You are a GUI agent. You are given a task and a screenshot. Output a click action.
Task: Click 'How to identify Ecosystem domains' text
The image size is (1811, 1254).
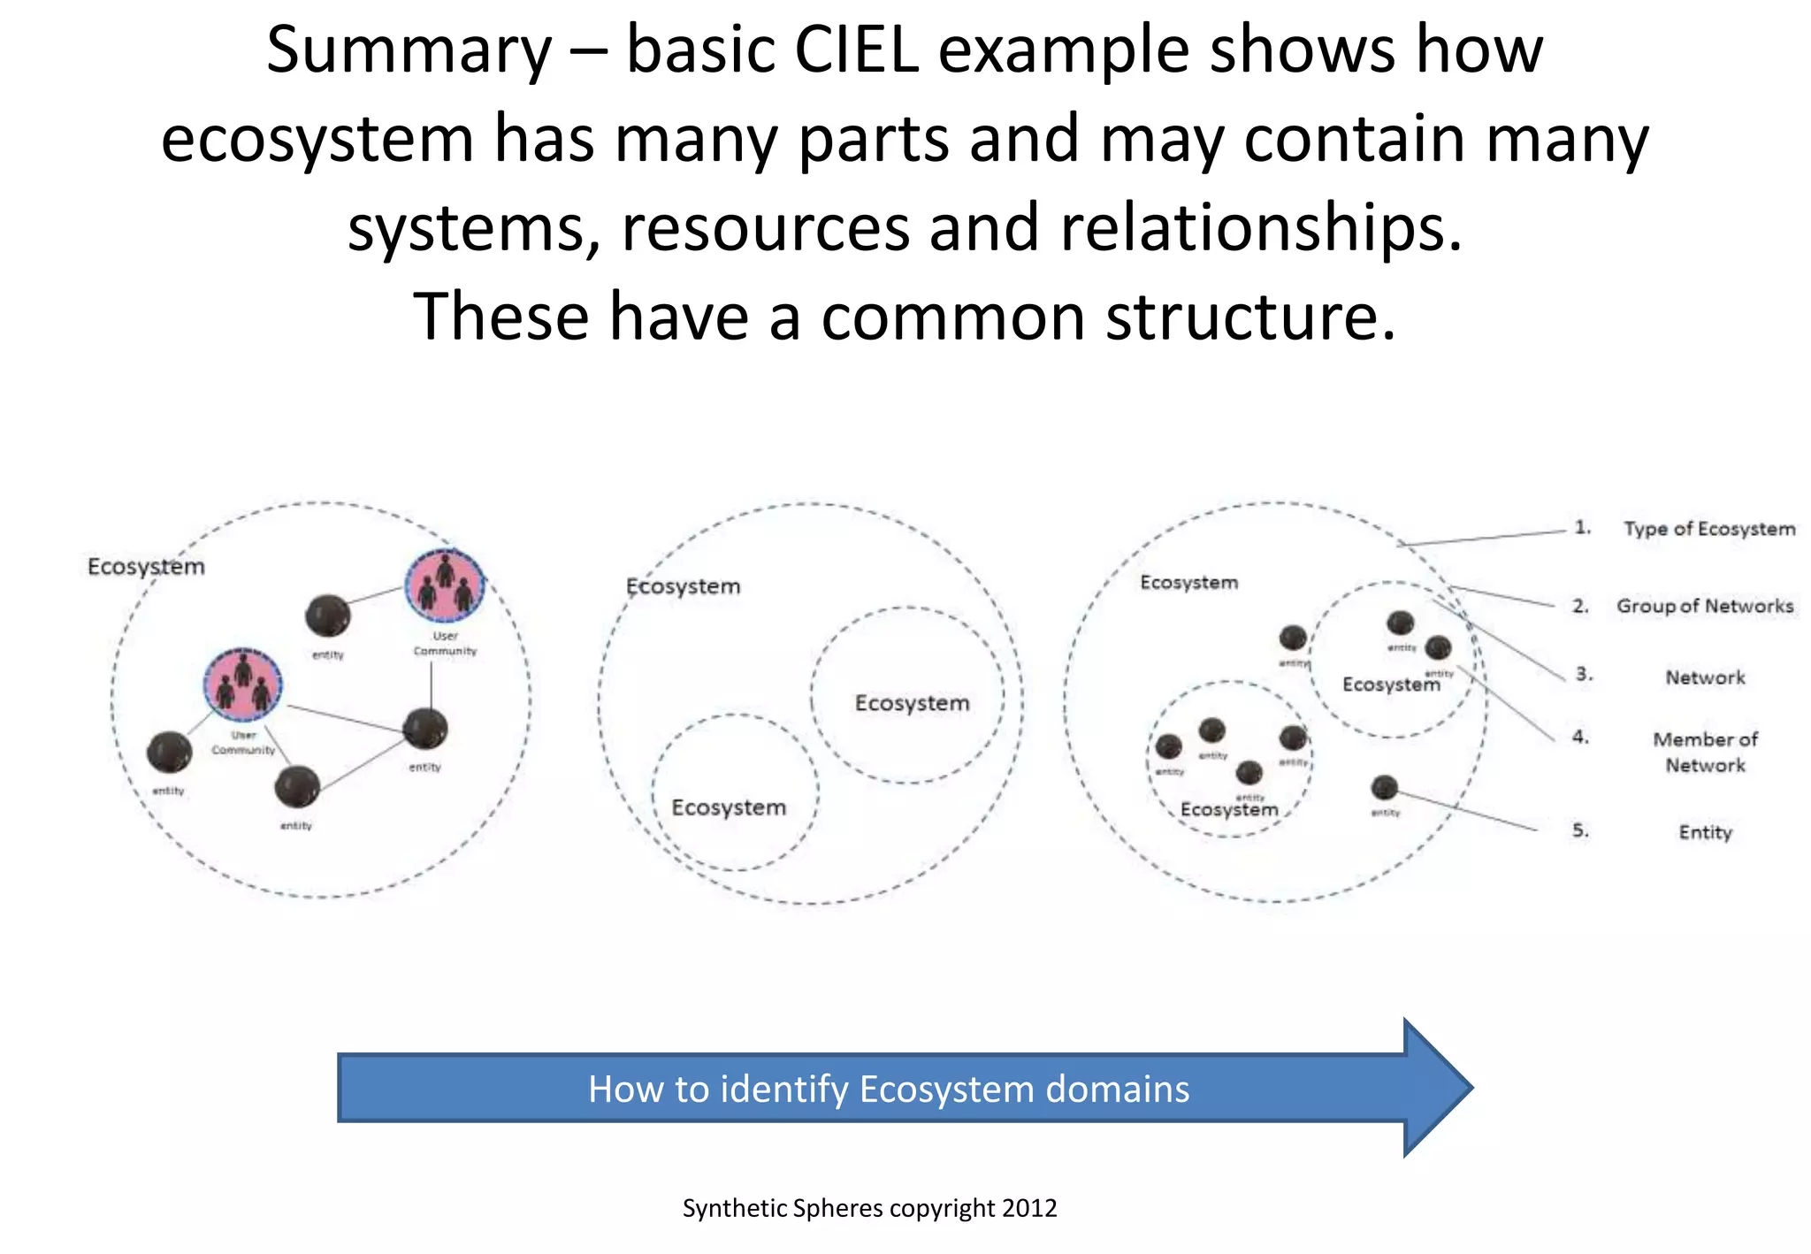click(x=888, y=1090)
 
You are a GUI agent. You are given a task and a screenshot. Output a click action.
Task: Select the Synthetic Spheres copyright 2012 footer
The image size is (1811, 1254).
click(x=869, y=1208)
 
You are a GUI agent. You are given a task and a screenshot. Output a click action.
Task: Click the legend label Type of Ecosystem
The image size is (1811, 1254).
click(x=1708, y=529)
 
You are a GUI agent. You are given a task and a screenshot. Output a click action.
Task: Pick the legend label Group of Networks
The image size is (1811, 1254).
click(x=1704, y=607)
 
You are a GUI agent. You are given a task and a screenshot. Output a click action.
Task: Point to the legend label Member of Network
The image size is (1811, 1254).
click(x=1705, y=752)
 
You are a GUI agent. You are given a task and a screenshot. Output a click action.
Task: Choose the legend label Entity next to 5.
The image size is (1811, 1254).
click(x=1705, y=832)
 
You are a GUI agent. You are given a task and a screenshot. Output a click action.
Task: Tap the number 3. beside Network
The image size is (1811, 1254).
click(x=1583, y=675)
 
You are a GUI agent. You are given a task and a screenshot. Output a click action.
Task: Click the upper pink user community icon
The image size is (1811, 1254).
click(x=445, y=585)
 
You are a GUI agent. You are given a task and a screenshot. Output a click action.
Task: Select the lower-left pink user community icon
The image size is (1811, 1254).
click(x=242, y=684)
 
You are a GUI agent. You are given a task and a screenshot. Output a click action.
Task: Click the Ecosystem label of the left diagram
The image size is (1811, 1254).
click(x=146, y=567)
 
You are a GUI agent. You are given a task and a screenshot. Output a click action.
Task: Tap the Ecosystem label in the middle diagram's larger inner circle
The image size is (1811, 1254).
click(x=912, y=703)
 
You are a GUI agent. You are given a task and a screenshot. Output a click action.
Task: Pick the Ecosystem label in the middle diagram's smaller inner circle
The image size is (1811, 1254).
click(x=728, y=807)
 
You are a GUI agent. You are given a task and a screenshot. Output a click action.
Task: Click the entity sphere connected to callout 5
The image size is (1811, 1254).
click(x=1384, y=787)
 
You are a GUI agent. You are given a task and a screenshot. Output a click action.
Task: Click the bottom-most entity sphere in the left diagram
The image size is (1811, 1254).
click(x=297, y=786)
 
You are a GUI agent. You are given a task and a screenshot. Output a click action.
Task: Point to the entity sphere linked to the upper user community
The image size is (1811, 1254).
click(x=327, y=616)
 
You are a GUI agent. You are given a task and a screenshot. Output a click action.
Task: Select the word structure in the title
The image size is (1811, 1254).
click(x=1250, y=317)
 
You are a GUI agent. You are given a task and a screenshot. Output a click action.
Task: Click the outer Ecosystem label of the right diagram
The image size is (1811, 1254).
click(x=1188, y=583)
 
